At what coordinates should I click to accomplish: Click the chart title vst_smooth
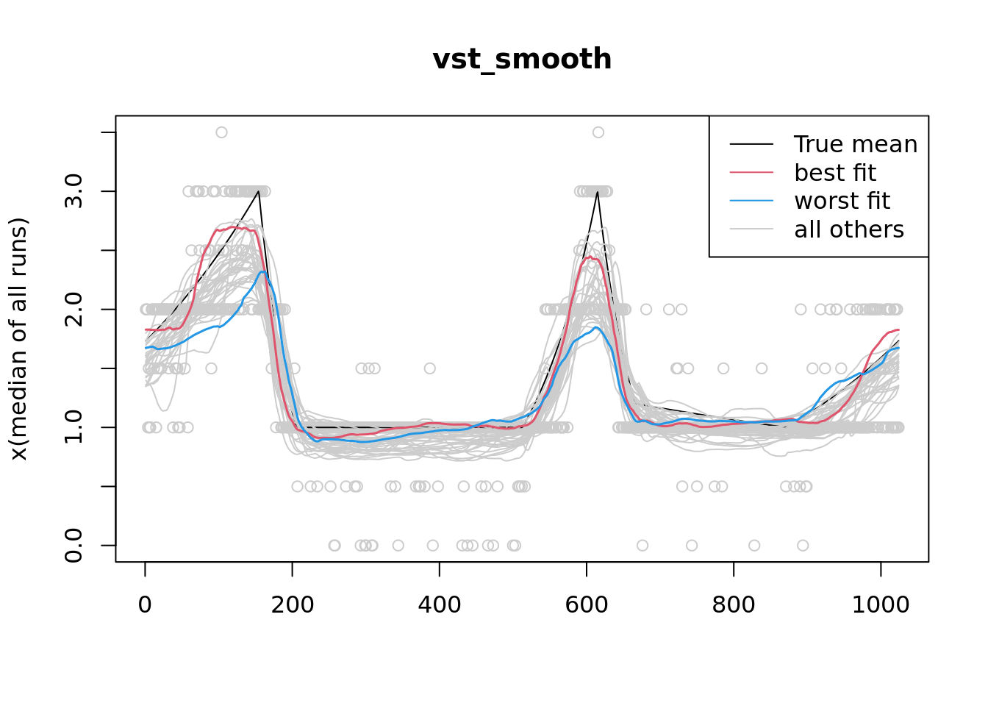pyautogui.click(x=522, y=60)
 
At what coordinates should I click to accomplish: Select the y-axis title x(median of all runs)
pyautogui.click(x=18, y=339)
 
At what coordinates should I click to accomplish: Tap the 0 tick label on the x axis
pyautogui.click(x=145, y=605)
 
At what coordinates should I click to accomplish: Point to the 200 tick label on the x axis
pyautogui.click(x=292, y=605)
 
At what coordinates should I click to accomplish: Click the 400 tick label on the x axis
pyautogui.click(x=439, y=605)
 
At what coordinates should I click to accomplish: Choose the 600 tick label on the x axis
pyautogui.click(x=586, y=605)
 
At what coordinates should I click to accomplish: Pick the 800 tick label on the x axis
pyautogui.click(x=733, y=605)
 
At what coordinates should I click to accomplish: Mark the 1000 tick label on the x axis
pyautogui.click(x=880, y=605)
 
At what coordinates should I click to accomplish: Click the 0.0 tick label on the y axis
pyautogui.click(x=74, y=545)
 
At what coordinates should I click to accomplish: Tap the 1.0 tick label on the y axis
pyautogui.click(x=74, y=427)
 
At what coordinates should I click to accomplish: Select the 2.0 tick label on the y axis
pyautogui.click(x=74, y=310)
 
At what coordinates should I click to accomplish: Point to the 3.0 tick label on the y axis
pyautogui.click(x=74, y=192)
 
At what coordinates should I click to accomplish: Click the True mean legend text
pyautogui.click(x=856, y=144)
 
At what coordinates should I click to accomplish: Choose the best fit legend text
pyautogui.click(x=835, y=173)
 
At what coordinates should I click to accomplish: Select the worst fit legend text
pyautogui.click(x=842, y=201)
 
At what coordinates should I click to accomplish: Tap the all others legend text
pyautogui.click(x=849, y=229)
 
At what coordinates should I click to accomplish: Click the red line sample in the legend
pyautogui.click(x=751, y=173)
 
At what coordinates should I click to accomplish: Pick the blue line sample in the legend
pyautogui.click(x=751, y=201)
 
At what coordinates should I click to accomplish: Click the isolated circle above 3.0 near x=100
pyautogui.click(x=221, y=132)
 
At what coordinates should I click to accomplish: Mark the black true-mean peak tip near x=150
pyautogui.click(x=259, y=191)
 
